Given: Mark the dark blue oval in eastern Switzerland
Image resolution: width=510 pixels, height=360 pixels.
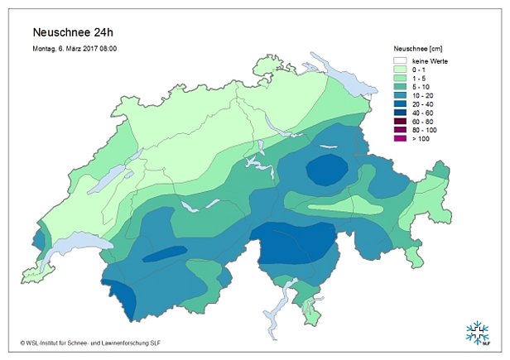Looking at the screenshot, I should point(328,170).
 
